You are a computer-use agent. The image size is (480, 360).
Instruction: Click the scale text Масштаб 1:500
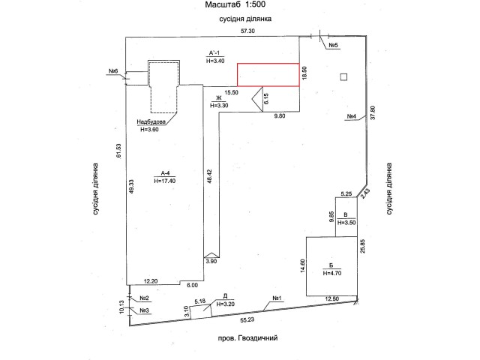click(x=235, y=4)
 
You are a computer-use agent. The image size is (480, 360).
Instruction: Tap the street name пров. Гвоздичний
click(x=248, y=338)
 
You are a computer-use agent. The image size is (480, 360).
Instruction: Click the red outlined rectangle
click(x=268, y=75)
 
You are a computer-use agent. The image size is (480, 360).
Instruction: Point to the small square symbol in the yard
click(x=343, y=76)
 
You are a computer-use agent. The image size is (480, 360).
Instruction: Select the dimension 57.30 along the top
click(x=247, y=31)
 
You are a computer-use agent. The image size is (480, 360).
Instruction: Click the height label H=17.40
click(x=165, y=181)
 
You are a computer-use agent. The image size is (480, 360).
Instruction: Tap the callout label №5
click(x=333, y=45)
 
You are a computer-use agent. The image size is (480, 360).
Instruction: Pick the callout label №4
click(x=352, y=117)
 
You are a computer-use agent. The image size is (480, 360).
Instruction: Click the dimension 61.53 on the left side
click(x=118, y=151)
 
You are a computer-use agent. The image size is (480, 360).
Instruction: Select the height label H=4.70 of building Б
click(x=332, y=273)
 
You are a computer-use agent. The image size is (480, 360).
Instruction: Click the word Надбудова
click(x=151, y=121)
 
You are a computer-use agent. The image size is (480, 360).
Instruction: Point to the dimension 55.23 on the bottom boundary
click(x=247, y=320)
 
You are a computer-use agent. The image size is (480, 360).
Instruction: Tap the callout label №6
click(x=113, y=71)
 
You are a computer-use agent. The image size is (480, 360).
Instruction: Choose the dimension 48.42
click(x=209, y=176)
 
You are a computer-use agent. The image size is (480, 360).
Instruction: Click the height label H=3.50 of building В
click(x=346, y=223)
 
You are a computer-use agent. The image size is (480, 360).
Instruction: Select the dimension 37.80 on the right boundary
click(x=373, y=112)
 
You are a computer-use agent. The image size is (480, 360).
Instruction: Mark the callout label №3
click(x=144, y=310)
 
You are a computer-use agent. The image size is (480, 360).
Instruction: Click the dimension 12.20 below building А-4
click(x=151, y=281)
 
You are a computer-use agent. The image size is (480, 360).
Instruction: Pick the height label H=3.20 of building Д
click(x=225, y=304)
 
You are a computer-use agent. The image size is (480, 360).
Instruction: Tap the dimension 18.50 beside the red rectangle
click(x=304, y=73)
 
